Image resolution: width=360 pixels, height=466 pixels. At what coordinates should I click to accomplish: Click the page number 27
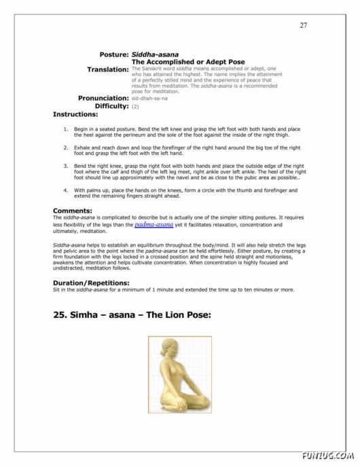coord(303,25)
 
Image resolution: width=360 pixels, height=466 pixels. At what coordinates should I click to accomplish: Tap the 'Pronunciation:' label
coord(103,98)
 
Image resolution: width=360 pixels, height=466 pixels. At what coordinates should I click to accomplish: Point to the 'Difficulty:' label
coord(107,107)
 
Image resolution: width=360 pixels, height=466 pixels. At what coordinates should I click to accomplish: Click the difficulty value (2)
coord(135,107)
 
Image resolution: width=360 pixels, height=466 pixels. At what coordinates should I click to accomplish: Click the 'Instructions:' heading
coord(76,115)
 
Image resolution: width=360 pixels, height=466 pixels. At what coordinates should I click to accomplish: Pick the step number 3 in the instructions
coord(65,165)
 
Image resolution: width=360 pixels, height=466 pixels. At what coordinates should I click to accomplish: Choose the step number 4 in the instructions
coord(65,190)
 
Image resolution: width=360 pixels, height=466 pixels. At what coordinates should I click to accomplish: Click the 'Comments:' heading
coord(72,211)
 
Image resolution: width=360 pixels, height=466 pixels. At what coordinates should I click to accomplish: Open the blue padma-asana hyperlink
coord(154,223)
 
